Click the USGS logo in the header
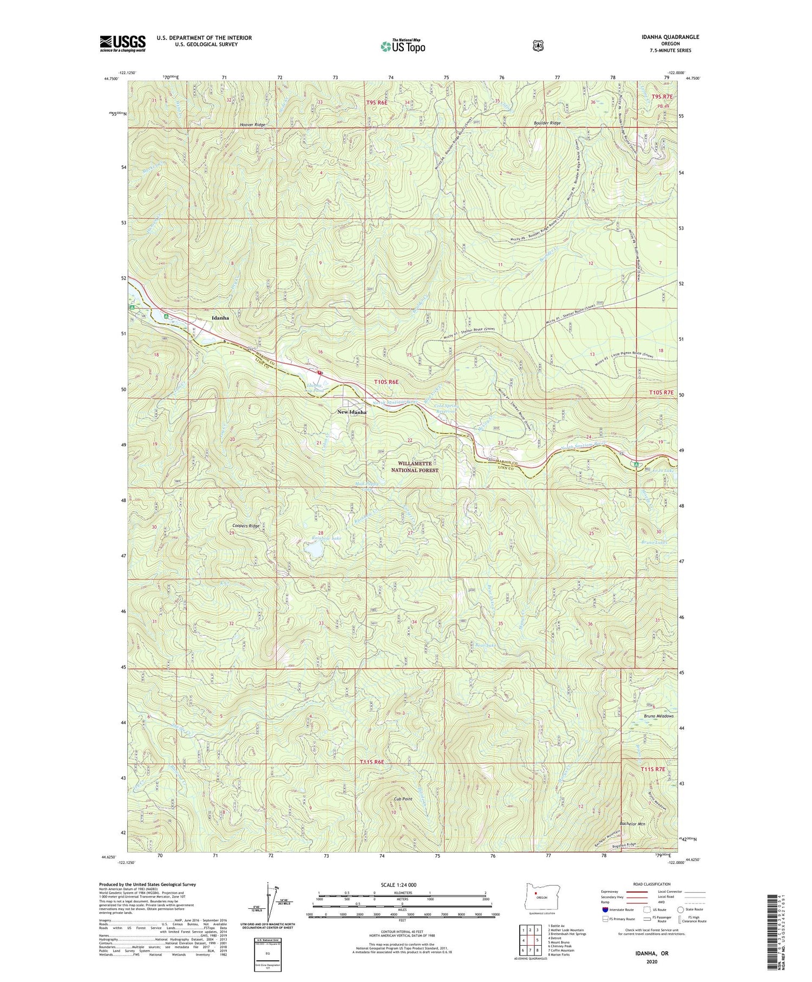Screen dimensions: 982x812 [x=122, y=43]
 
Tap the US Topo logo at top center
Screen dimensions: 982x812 [x=403, y=46]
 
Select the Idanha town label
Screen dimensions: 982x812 [x=220, y=318]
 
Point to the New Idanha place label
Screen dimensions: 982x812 [x=352, y=412]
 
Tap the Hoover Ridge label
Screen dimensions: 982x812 [x=253, y=125]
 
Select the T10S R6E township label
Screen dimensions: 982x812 [x=386, y=382]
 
